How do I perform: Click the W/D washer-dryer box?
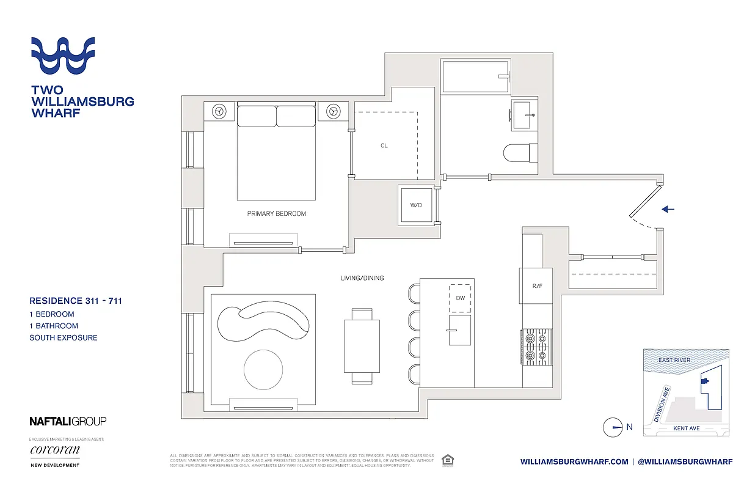pos(416,205)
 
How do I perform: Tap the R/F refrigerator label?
pos(536,285)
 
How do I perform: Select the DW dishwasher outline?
pos(460,298)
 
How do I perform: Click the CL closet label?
pos(384,145)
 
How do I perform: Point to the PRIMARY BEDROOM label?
pos(276,214)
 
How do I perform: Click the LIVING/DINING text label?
pos(362,278)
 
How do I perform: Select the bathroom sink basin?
pos(522,116)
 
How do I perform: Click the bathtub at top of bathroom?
pos(475,77)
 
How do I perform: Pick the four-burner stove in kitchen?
pos(536,347)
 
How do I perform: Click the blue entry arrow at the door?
pos(668,209)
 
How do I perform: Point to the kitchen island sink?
pos(460,330)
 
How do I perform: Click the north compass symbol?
pos(613,427)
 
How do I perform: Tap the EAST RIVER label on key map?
pos(674,360)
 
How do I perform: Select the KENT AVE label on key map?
pos(686,428)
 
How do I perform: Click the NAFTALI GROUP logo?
pos(68,421)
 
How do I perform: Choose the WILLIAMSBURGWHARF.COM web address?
pos(574,461)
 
